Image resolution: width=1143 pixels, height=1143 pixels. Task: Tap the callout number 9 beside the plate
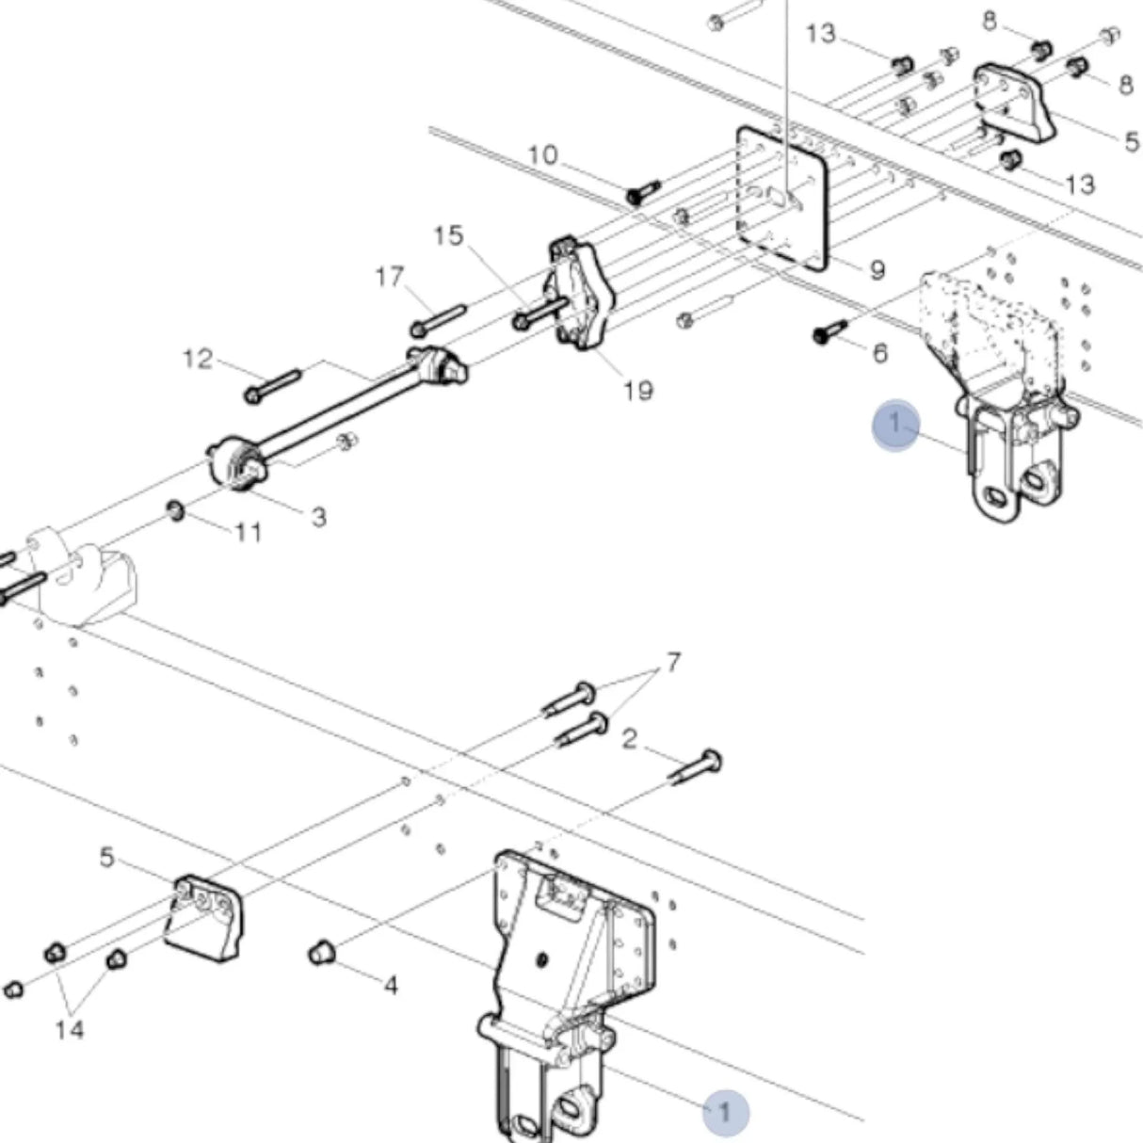click(877, 271)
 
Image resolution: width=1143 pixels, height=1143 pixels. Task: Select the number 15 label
click(449, 235)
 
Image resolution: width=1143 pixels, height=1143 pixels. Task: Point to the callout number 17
click(389, 277)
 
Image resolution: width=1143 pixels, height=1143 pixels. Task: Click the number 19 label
click(637, 390)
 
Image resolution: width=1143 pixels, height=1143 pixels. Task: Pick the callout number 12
click(198, 359)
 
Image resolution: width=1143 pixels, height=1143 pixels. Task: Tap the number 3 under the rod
click(318, 517)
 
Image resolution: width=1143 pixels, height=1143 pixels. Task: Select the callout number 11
click(248, 533)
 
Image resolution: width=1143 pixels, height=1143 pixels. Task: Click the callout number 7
click(673, 663)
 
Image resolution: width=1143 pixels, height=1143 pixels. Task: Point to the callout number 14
click(69, 1029)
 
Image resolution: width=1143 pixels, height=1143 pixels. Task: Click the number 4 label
click(391, 986)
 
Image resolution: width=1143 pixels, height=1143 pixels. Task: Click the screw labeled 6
click(829, 331)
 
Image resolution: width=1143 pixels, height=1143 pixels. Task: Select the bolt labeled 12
click(271, 386)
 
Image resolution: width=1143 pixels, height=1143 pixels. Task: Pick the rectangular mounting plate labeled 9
click(781, 198)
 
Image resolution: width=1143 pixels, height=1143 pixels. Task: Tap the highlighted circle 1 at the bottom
click(724, 1112)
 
